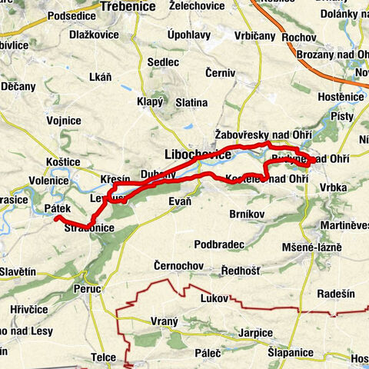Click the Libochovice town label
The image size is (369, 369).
point(198,155)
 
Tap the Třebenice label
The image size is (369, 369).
point(127,6)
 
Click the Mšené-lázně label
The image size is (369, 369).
point(314,251)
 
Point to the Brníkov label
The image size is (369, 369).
point(249,213)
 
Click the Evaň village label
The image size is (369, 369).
point(180,201)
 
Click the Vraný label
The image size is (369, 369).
point(165,322)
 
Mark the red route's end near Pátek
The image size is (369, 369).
point(56,218)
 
